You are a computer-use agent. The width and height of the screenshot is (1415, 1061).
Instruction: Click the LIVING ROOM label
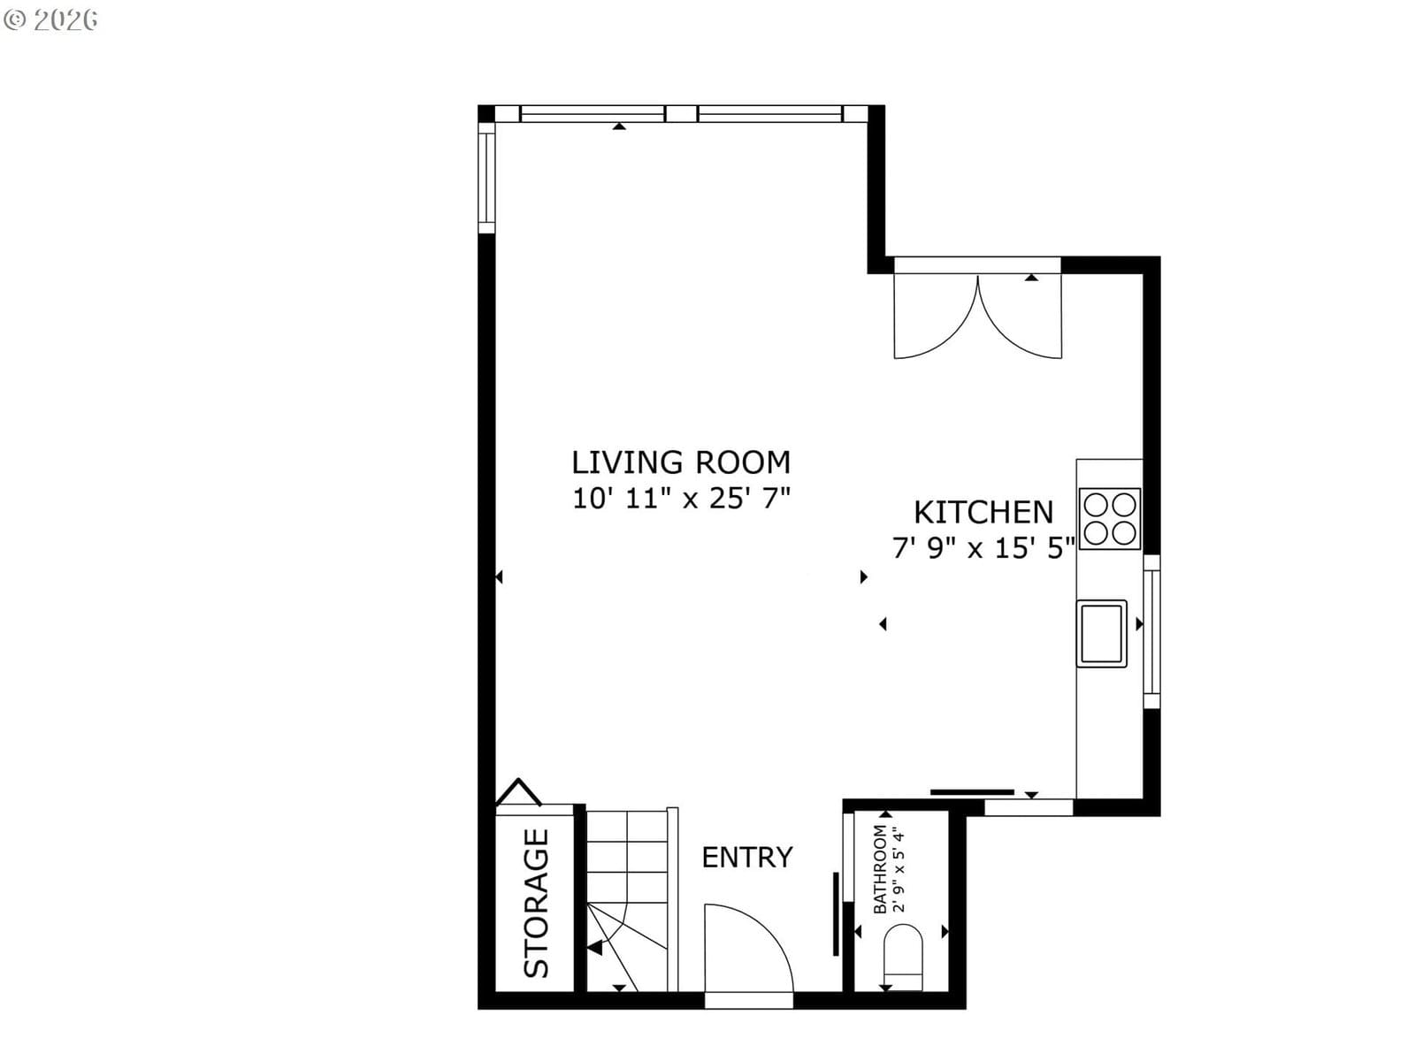[x=681, y=462]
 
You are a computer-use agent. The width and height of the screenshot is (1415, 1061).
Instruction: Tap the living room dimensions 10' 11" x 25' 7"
[x=681, y=498]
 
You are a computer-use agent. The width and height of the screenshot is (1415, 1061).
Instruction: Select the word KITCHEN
[x=983, y=512]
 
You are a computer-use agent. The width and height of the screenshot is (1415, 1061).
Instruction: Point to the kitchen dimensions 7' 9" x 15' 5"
[x=983, y=547]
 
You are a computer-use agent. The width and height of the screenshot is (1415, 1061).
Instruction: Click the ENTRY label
[x=747, y=857]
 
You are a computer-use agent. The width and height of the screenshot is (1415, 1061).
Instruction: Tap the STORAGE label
[x=536, y=903]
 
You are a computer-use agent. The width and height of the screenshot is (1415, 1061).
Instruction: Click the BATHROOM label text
[x=879, y=869]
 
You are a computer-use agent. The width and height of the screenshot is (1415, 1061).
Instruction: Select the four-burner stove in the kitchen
[x=1109, y=519]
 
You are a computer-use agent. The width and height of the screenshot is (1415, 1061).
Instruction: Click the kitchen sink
[x=1102, y=633]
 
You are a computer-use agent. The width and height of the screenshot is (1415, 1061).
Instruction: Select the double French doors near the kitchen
[x=977, y=316]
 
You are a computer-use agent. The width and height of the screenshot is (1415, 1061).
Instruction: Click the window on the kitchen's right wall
[x=1151, y=632]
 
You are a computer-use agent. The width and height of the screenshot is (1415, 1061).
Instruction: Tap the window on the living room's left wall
[x=486, y=177]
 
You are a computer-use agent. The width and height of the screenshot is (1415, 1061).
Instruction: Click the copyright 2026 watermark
[x=50, y=20]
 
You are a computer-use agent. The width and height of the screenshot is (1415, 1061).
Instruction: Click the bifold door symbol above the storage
[x=518, y=791]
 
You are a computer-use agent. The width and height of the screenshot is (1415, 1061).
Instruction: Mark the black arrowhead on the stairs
[x=594, y=948]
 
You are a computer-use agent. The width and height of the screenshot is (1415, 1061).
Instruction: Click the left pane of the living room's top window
[x=593, y=114]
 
